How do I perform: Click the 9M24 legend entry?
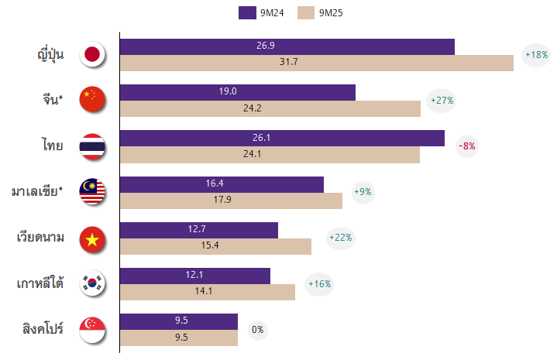[259, 12]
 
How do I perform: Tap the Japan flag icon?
[92, 54]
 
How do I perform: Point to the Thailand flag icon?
[92, 146]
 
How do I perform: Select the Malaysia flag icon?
[92, 192]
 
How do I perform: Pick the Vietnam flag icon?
[92, 238]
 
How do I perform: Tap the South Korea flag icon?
[92, 284]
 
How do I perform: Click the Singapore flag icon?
[92, 330]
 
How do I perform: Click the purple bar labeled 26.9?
[287, 46]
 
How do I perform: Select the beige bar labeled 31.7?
[316, 63]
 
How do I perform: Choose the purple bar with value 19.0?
[237, 92]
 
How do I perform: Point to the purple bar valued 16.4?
[222, 184]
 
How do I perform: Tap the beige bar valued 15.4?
[215, 246]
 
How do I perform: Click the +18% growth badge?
[536, 55]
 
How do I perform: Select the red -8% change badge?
[467, 146]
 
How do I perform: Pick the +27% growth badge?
[441, 101]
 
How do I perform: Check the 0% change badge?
[258, 330]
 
